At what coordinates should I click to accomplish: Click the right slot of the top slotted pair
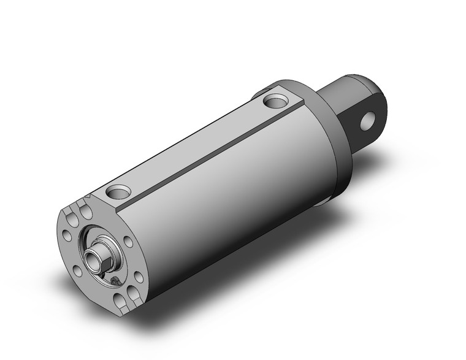tap(86, 212)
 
